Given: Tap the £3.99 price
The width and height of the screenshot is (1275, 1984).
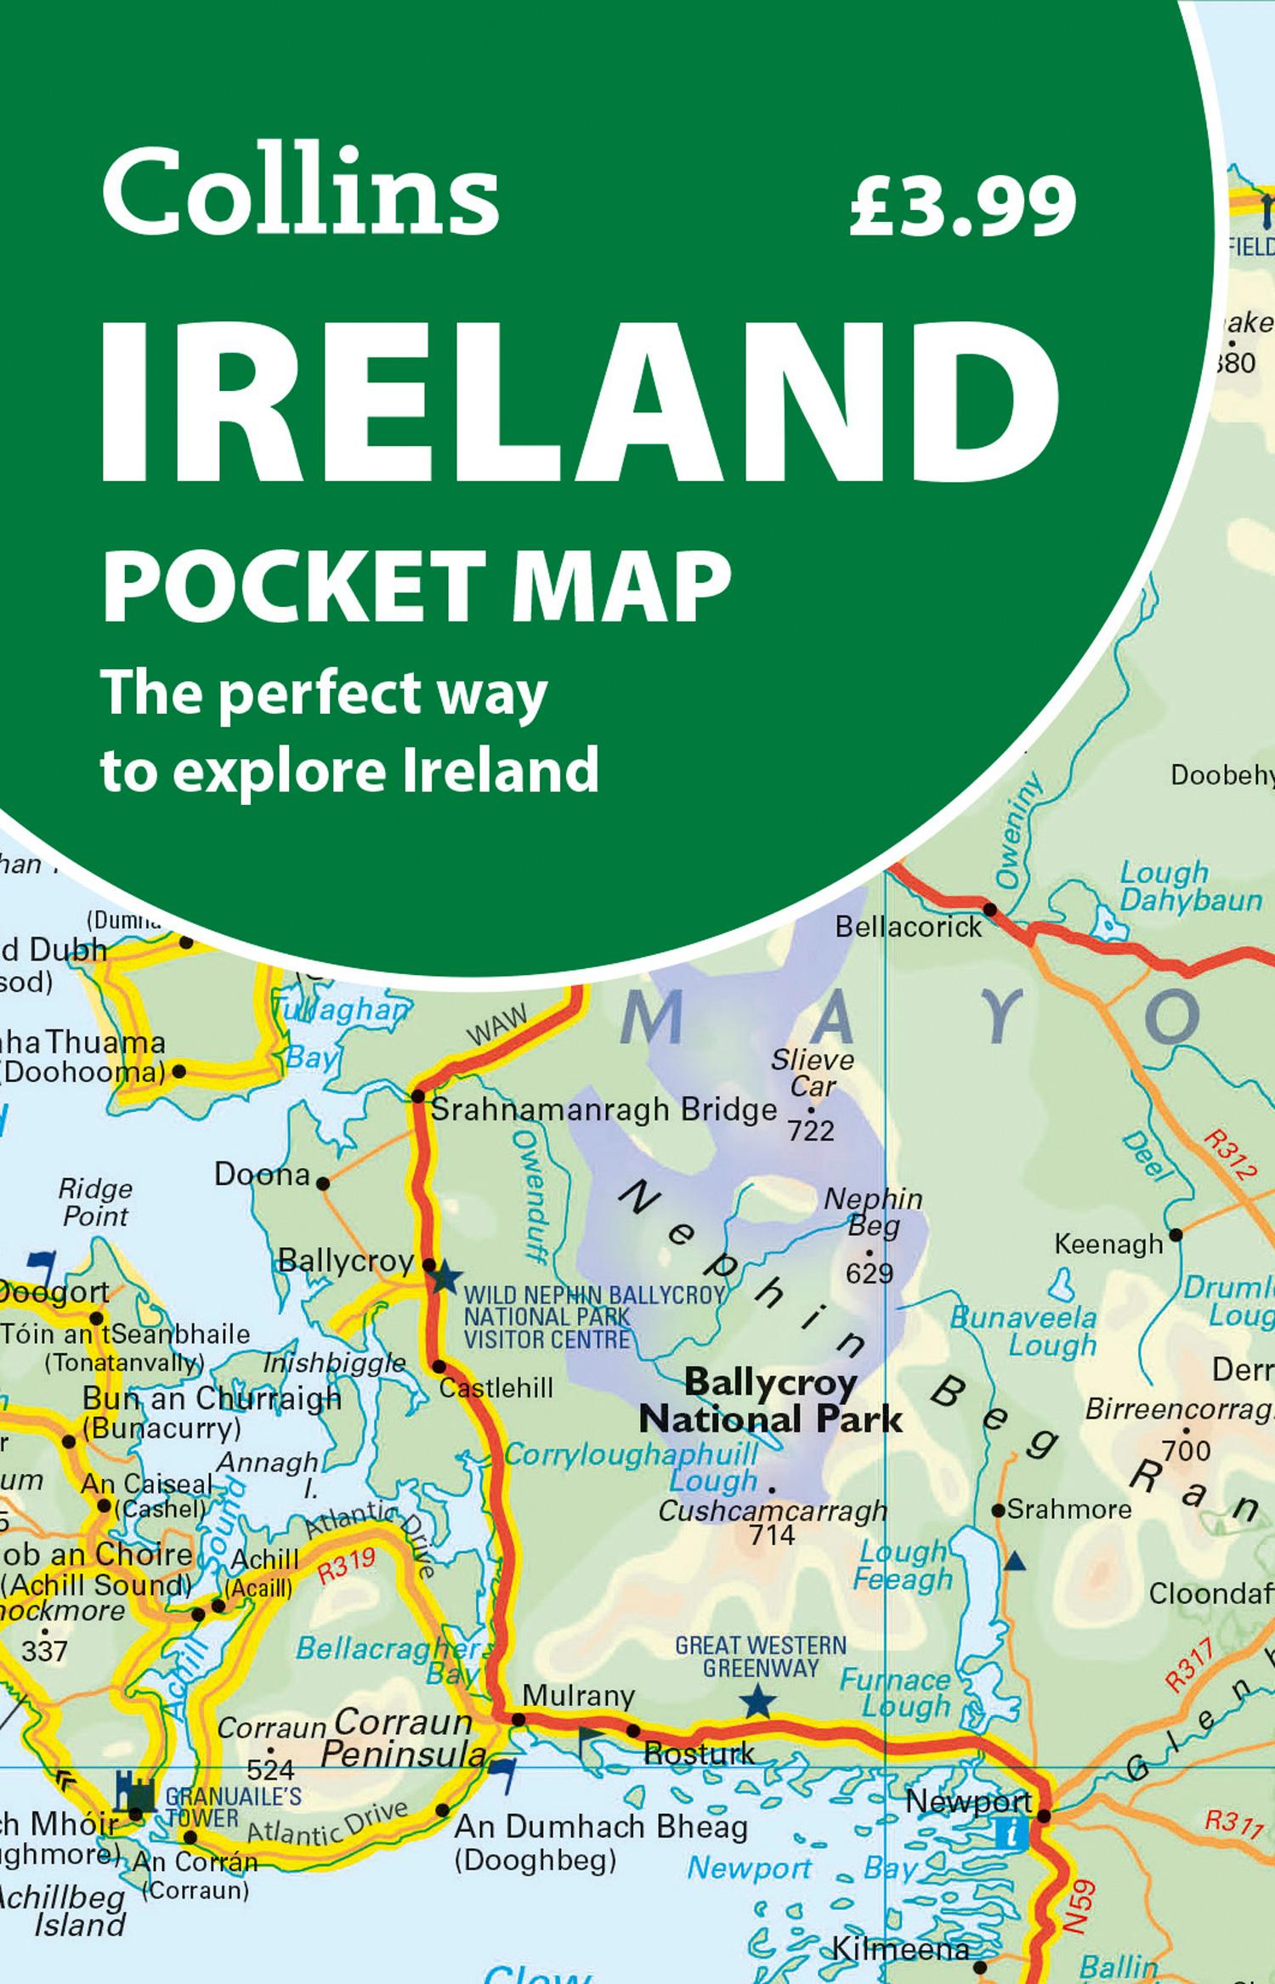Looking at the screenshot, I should [962, 204].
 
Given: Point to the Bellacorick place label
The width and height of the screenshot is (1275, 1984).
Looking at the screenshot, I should [908, 927].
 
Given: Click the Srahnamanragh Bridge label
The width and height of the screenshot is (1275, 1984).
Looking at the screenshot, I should [604, 1110].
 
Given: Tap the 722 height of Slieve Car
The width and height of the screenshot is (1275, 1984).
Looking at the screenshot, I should [811, 1131].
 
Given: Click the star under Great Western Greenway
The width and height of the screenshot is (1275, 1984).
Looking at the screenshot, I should [756, 1703].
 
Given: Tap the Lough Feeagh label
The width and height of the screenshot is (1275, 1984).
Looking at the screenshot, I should [903, 1566].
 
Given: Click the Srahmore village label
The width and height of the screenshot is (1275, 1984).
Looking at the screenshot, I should [1068, 1510].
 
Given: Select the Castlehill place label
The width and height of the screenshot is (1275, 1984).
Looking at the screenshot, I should [496, 1389].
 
